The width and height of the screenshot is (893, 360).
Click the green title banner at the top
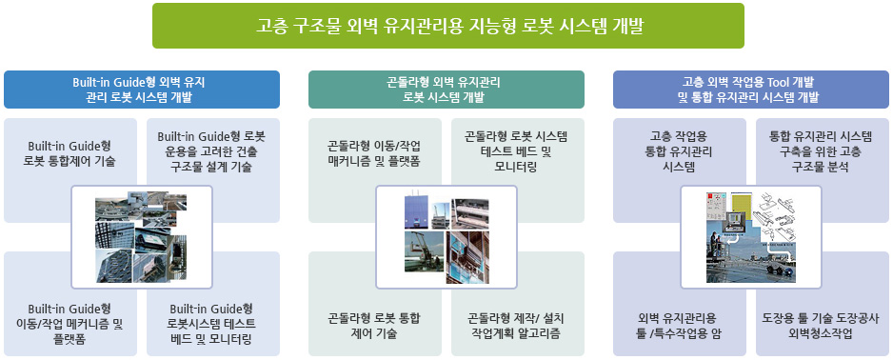(x=447, y=26)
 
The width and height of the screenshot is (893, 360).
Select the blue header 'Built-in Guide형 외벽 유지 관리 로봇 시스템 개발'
(x=142, y=90)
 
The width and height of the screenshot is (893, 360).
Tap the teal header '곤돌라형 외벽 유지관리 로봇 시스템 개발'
(x=446, y=90)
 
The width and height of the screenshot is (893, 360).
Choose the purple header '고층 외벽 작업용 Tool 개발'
(x=750, y=90)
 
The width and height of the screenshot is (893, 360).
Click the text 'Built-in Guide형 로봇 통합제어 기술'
(x=69, y=152)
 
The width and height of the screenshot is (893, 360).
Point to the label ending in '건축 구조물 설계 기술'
(x=211, y=151)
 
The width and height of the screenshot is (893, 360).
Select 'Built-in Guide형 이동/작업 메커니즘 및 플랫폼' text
(x=69, y=324)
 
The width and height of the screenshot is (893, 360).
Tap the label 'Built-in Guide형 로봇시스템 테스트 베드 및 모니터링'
(x=211, y=324)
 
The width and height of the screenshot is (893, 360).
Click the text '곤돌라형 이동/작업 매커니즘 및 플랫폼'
(x=374, y=152)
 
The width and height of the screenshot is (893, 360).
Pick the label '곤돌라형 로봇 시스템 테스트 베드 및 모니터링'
(x=516, y=151)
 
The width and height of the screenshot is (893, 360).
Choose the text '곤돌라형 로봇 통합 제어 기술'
(x=374, y=326)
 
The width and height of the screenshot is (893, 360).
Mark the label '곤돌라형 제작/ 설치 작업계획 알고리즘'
(x=516, y=326)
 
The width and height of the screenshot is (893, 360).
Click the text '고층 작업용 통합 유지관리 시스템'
(x=680, y=151)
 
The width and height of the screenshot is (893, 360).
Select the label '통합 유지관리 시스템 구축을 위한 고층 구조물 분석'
(x=821, y=151)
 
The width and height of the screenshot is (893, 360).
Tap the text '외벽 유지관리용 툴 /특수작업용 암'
(x=680, y=326)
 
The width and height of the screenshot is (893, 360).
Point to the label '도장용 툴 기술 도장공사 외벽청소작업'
(x=821, y=326)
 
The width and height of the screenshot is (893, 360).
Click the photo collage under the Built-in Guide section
(x=142, y=237)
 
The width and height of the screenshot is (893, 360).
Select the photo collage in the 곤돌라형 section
(x=446, y=237)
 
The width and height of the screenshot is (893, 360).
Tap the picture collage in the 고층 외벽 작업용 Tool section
(x=750, y=237)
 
